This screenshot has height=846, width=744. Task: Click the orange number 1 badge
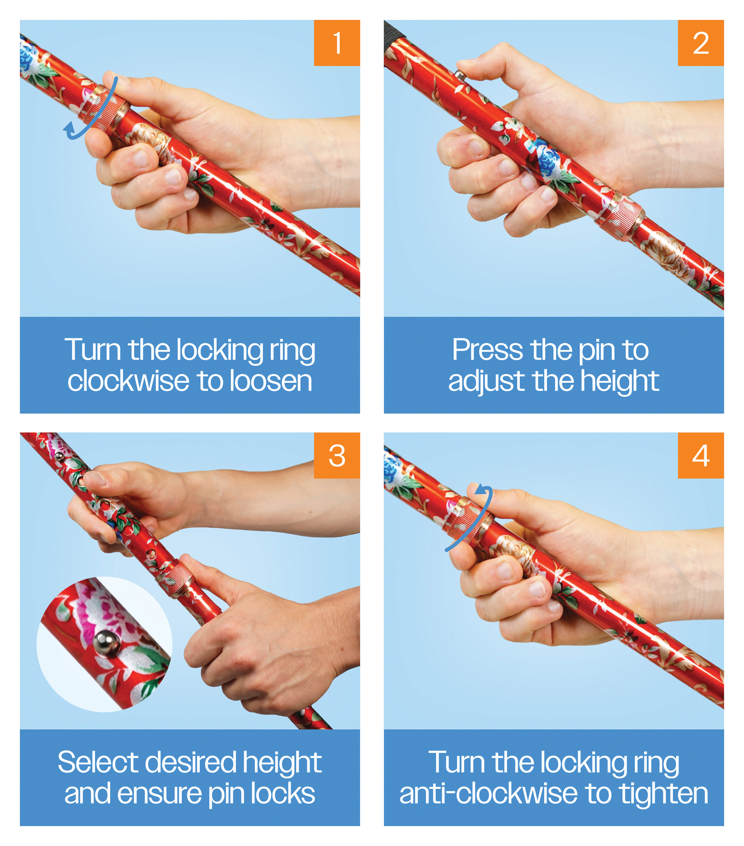[x=337, y=43]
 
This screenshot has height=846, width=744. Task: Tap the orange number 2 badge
[x=701, y=43]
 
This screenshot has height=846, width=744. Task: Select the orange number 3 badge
[x=337, y=455]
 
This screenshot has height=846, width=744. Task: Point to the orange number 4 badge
[x=701, y=455]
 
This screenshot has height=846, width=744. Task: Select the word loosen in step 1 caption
[x=271, y=381]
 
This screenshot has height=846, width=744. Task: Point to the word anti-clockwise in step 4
[x=488, y=794]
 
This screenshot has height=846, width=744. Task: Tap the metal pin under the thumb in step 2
[x=459, y=74]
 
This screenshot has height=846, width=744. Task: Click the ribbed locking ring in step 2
[x=619, y=216]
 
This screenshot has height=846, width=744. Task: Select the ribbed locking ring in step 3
[x=176, y=580]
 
